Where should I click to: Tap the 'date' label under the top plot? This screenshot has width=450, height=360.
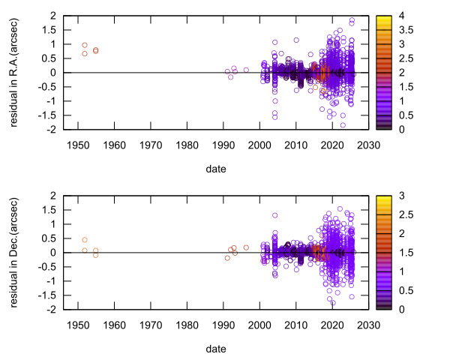[215, 169]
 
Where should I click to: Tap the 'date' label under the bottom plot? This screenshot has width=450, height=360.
[215, 349]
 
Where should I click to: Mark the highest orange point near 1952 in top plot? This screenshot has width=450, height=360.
[85, 45]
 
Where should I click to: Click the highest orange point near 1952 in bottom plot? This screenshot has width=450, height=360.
[85, 240]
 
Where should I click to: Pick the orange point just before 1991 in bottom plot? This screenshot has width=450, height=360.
[227, 258]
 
